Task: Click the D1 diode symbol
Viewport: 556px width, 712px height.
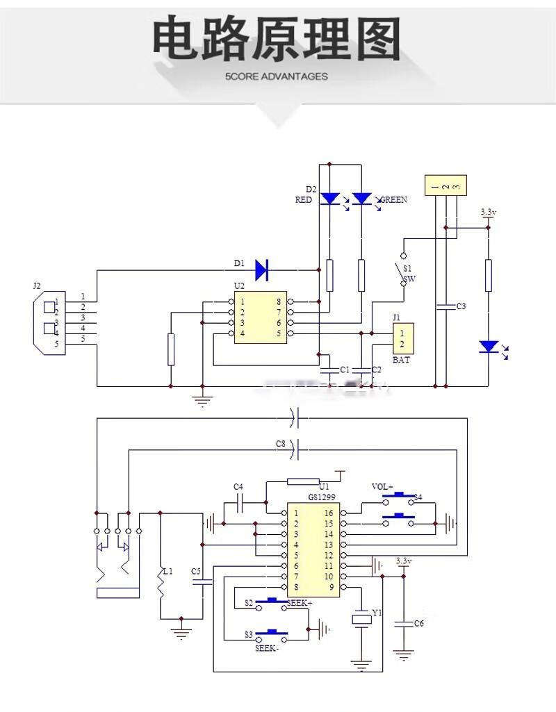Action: point(262,270)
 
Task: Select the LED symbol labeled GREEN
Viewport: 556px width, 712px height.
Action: point(361,199)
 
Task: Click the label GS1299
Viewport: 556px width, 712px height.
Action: point(322,498)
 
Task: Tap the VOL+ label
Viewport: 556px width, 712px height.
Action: point(382,486)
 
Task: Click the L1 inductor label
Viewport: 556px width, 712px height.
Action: point(167,572)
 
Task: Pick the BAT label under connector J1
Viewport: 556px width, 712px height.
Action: point(400,360)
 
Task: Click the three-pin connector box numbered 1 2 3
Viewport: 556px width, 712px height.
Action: point(445,186)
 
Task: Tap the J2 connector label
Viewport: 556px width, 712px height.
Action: point(37,285)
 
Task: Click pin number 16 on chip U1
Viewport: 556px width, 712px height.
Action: point(329,513)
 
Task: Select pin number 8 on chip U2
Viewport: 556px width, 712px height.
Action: point(279,302)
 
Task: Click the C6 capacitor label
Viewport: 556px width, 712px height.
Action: point(418,623)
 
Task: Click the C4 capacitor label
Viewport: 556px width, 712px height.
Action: point(238,486)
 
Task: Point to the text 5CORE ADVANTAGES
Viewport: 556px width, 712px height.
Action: point(277,76)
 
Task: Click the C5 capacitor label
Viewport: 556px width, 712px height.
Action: point(196,572)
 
